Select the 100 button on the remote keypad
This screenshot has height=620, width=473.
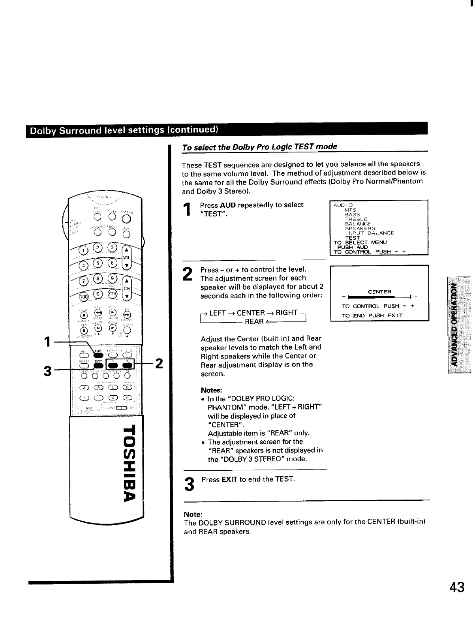click(x=83, y=297)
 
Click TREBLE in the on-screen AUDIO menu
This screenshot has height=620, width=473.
click(x=356, y=219)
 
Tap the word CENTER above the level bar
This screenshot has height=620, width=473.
click(x=379, y=292)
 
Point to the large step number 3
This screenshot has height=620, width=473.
click(x=190, y=483)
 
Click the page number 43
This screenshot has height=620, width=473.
click(x=457, y=588)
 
